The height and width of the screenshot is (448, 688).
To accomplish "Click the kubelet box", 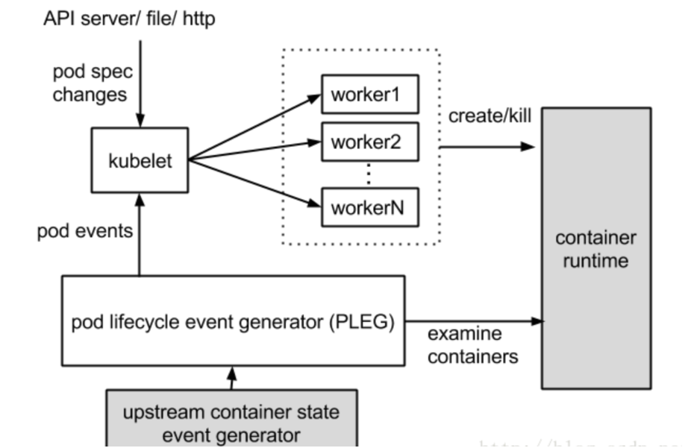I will click(x=140, y=160).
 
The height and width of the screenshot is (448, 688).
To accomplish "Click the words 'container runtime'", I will click(x=595, y=250).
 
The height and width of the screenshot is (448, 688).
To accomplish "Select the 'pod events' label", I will click(x=84, y=230).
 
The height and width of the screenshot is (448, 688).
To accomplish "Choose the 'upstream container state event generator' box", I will click(x=231, y=421).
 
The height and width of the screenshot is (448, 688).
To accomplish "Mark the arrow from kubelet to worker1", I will click(x=254, y=127).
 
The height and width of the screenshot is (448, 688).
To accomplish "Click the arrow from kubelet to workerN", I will click(x=254, y=180).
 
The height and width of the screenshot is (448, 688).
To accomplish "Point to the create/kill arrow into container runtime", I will click(x=489, y=147).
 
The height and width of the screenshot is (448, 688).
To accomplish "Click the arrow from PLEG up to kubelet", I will click(x=140, y=235).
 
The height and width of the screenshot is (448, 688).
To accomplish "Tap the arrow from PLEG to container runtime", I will click(x=474, y=322).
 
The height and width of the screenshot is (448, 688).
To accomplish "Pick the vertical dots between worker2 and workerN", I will click(x=369, y=173).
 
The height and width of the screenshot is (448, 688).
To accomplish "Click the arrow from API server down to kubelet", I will click(x=140, y=82).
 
